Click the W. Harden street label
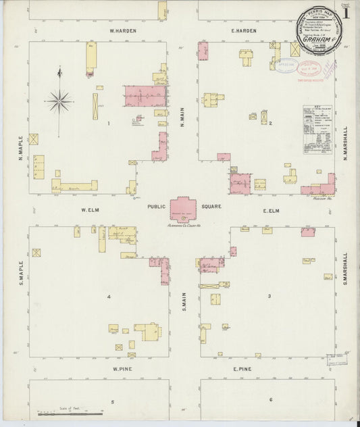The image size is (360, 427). click(x=124, y=31)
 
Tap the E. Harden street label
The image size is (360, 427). click(x=244, y=31)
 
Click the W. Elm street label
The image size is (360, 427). click(x=91, y=210)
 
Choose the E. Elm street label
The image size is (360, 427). click(x=271, y=211)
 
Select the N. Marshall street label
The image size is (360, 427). click(x=344, y=141)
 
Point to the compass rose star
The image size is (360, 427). click(x=59, y=101)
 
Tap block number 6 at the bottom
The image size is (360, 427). click(x=271, y=400)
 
